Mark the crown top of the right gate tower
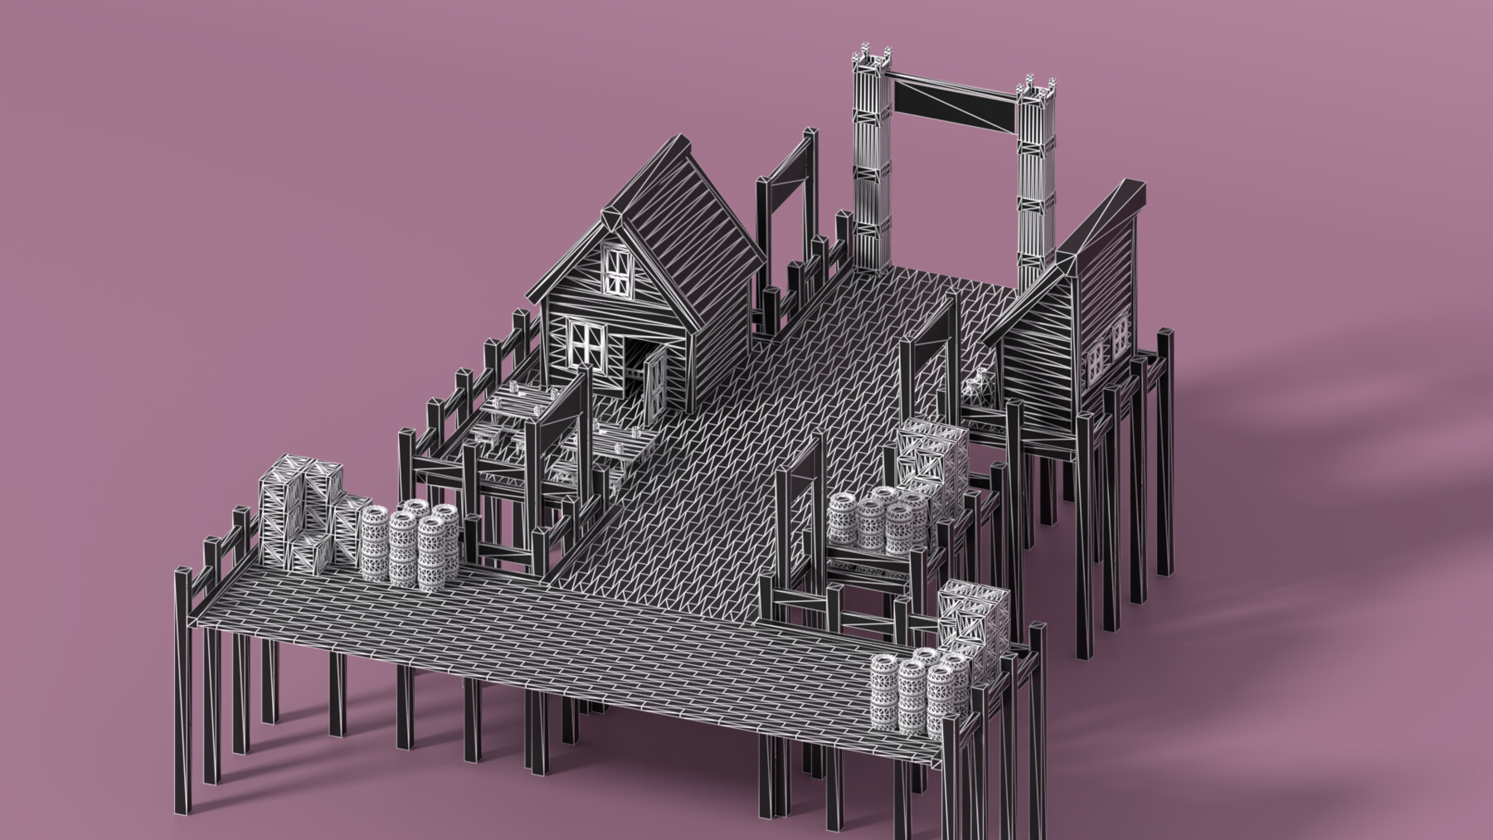tap(1034, 87)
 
